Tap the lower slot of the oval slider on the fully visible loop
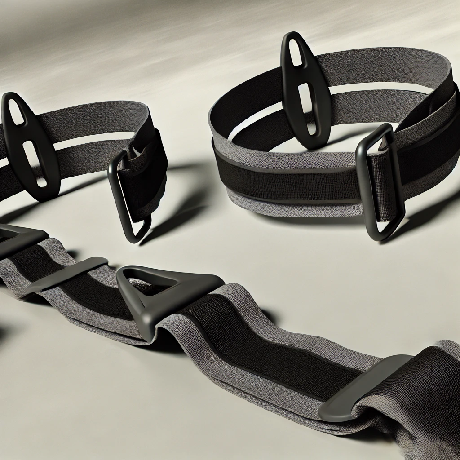coord(308,108)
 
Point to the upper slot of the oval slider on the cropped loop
coord(15,110)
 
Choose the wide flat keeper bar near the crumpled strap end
coord(359,386)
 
